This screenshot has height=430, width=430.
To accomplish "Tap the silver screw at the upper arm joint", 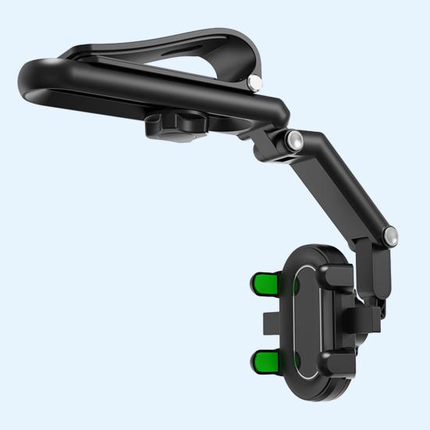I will pyautogui.click(x=295, y=140).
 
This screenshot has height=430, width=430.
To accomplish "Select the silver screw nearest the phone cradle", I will pyautogui.click(x=389, y=233).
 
